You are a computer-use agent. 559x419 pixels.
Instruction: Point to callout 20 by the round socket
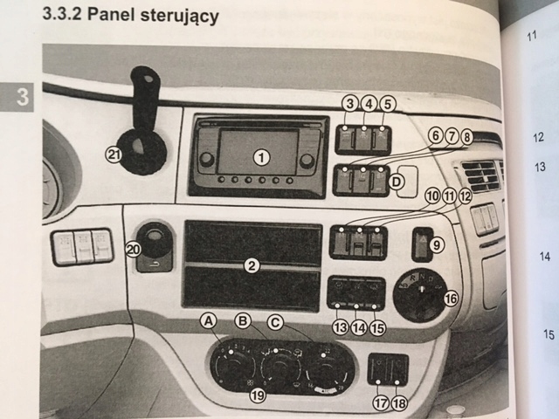133,248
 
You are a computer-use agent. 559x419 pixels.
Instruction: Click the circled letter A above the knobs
209,321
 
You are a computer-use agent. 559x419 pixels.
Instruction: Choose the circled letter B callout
243,321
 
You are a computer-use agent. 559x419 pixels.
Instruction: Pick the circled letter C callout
276,322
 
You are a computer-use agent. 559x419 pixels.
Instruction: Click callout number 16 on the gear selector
451,299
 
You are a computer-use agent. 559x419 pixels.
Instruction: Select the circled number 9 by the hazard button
438,247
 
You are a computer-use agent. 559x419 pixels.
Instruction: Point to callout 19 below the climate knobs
257,396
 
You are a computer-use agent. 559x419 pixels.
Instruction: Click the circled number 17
381,403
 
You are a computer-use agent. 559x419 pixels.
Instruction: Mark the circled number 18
400,403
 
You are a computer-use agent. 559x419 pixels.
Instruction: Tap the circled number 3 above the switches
349,103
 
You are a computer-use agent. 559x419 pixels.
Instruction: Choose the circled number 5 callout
388,103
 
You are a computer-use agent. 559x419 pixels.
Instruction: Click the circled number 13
340,328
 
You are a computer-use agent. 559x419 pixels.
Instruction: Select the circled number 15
377,328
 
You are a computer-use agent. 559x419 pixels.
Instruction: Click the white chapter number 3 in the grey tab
22,96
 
